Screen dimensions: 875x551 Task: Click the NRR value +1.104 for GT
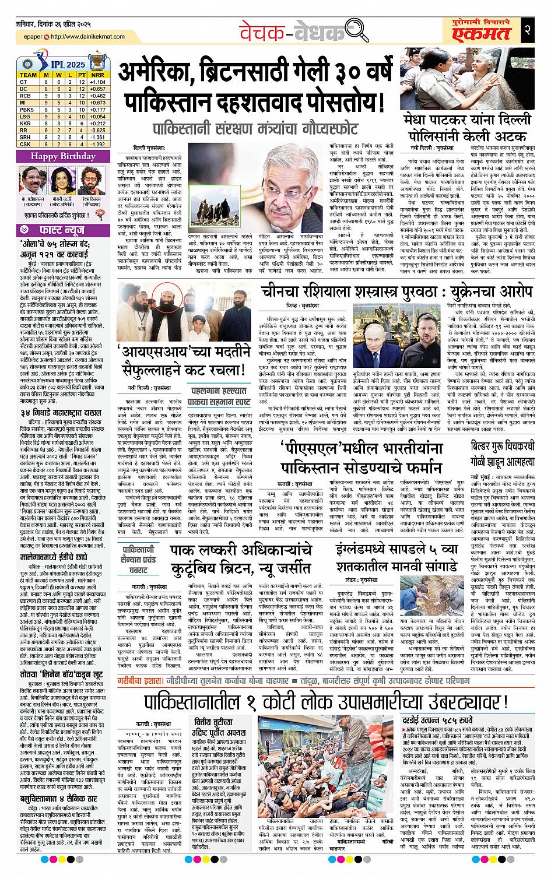coord(97,82)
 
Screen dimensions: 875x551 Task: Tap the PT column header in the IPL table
coord(82,75)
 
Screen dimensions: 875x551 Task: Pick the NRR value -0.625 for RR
coord(97,130)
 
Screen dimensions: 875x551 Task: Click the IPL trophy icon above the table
coord(95,61)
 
